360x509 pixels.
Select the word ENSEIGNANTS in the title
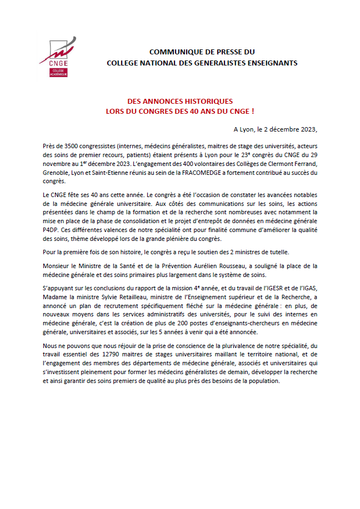(272, 63)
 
